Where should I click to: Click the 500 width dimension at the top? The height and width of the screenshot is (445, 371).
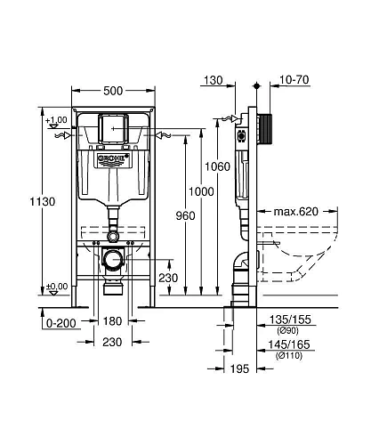112,91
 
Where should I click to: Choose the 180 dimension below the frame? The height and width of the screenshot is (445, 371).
112,320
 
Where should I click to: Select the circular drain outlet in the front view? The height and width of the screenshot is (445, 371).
112,260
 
